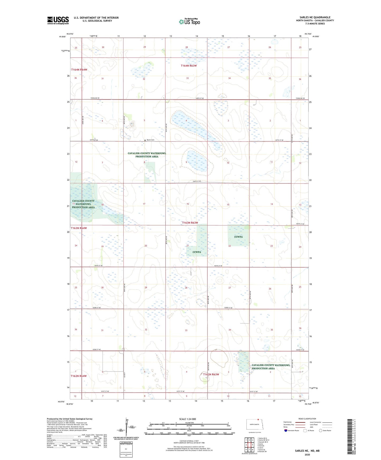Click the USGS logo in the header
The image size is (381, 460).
[x=58, y=20]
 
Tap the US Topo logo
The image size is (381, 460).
[x=189, y=22]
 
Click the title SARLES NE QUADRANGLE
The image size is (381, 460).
[x=315, y=17]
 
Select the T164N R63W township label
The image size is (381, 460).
[x=189, y=66]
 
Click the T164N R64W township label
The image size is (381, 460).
[x=79, y=70]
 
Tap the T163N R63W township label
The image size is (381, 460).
[x=190, y=223]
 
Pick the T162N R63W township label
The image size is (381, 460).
[x=211, y=374]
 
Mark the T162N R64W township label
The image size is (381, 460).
[x=79, y=376]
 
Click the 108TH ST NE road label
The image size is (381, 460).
[x=200, y=98]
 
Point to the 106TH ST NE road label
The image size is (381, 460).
[x=197, y=181]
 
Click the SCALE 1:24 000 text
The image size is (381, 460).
[x=187, y=419]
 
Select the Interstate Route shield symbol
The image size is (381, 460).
[x=286, y=430]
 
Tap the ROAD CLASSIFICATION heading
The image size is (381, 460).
[x=307, y=419]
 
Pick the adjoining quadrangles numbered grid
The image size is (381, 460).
[x=249, y=445]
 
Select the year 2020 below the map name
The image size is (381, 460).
[x=307, y=454]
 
